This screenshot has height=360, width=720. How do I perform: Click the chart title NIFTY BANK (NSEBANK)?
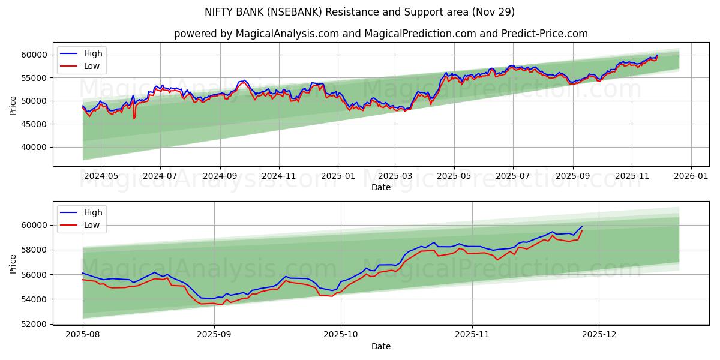[359, 12]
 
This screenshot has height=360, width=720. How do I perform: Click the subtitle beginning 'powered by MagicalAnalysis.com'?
[380, 34]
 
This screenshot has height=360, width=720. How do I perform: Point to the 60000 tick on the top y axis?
[34, 55]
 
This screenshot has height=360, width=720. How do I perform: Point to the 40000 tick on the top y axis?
[34, 147]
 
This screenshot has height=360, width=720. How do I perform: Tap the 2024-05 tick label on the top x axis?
[100, 176]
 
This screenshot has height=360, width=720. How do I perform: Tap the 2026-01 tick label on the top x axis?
[691, 176]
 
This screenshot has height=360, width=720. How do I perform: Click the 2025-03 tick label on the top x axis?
[395, 176]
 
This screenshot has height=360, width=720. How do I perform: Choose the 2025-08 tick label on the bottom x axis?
[83, 335]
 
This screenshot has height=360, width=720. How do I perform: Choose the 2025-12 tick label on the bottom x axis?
[599, 335]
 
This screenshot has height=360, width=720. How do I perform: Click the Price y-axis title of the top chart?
[13, 104]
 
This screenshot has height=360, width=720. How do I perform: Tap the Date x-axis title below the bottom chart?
[380, 346]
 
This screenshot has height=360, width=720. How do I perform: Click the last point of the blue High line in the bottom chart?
[582, 226]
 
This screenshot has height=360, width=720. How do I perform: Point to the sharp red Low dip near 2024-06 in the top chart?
[134, 118]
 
